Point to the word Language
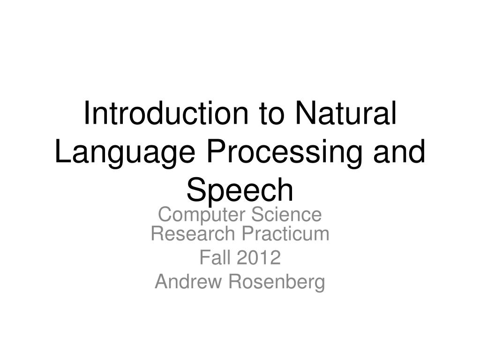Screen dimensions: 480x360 (x=125, y=154)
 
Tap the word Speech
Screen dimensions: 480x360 (x=240, y=191)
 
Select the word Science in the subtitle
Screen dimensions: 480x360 (x=286, y=215)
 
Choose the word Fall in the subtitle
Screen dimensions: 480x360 (x=215, y=257)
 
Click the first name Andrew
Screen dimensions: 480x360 (x=188, y=281)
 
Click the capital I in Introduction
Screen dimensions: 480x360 (x=87, y=112)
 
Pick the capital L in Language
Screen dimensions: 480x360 (x=63, y=151)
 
